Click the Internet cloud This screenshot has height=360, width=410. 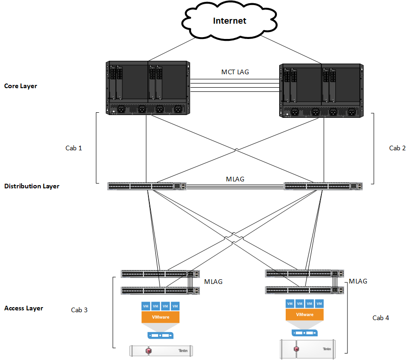coord(229,21)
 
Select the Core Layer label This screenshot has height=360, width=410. coord(20,86)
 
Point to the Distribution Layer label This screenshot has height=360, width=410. coord(32,186)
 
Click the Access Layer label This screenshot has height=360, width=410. coord(23,308)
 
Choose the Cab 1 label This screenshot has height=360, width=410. coord(74,148)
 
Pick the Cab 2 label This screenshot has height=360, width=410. coord(397,148)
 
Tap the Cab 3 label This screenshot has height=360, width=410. coord(79,310)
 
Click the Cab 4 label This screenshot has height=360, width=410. coord(381,318)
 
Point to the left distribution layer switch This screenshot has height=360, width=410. coord(147,186)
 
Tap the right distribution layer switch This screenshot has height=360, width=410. coord(323,186)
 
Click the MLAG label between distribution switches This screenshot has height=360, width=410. coord(235,179)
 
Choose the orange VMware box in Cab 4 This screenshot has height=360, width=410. coord(304,315)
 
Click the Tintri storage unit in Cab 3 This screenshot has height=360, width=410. coord(160,350)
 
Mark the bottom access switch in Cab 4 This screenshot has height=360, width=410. coord(304,290)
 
